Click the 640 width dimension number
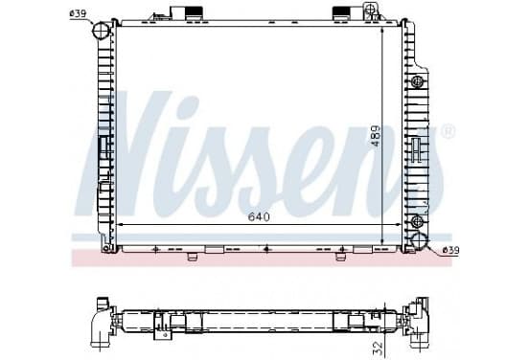tap(259, 216)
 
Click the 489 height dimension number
tap(375, 136)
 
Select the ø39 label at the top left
tap(78, 13)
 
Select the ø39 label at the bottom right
tap(450, 250)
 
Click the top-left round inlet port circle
tap(101, 31)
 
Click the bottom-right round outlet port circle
tap(420, 240)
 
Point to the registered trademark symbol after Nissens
tap(448, 131)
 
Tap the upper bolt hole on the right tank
tap(417, 81)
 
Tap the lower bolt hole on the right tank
tap(417, 221)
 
